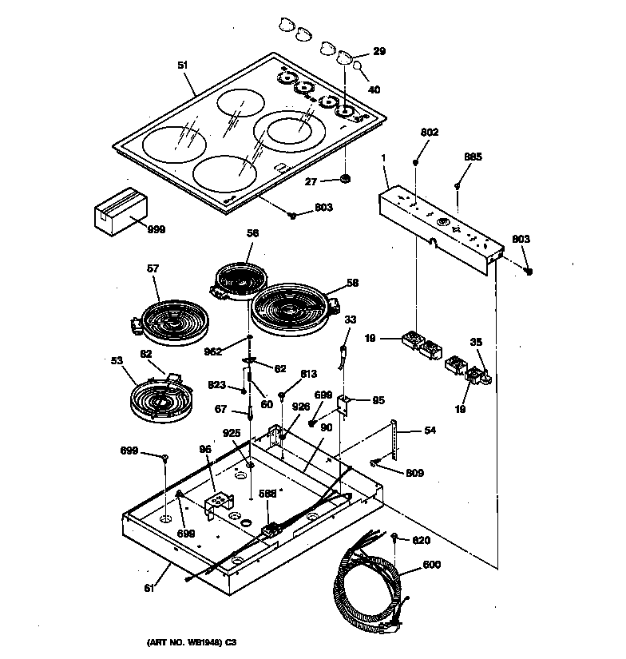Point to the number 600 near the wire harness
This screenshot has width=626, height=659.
[431, 566]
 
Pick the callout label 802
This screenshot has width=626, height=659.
[430, 133]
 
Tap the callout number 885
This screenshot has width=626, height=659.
[473, 157]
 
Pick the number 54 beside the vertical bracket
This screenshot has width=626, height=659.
[430, 431]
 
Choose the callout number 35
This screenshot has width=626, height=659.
[476, 342]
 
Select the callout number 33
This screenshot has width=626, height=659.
[350, 320]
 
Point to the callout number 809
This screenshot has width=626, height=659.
[414, 473]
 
